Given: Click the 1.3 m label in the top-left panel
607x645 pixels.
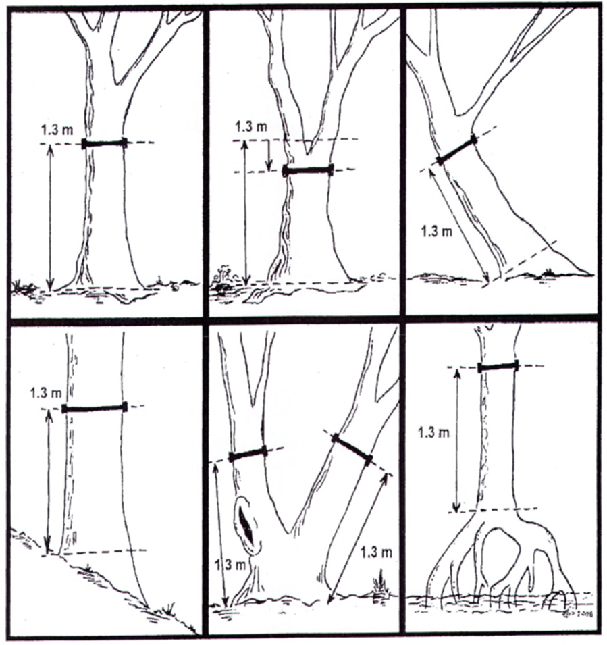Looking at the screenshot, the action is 57,130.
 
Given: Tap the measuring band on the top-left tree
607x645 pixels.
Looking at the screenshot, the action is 104,144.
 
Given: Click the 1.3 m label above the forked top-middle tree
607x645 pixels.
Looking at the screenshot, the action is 251,126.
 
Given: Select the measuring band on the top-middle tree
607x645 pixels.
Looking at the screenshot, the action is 308,170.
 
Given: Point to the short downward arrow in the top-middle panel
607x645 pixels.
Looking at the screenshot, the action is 269,155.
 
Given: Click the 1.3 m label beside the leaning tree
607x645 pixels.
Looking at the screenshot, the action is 436,232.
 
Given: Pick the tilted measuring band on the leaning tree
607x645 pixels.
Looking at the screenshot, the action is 456,150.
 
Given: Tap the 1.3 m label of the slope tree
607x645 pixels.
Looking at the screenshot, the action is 46,393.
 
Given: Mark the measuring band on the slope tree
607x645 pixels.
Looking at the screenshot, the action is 94,409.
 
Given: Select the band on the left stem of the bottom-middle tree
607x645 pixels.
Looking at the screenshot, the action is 248,454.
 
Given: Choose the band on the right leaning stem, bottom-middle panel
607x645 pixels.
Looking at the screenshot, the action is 352,449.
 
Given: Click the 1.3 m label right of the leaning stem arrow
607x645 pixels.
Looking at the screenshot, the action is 376,552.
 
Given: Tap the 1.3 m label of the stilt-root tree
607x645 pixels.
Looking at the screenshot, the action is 433,433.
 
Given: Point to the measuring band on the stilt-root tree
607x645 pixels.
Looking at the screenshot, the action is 498,366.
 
